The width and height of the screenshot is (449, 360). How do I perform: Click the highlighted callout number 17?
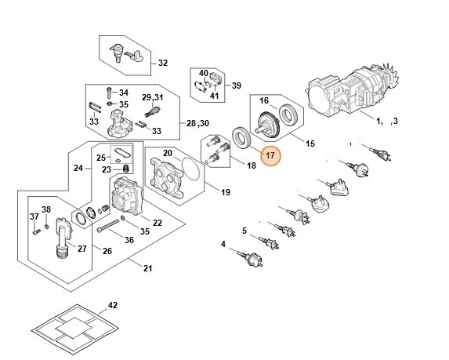click(x=270, y=156)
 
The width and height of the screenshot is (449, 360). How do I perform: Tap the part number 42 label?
click(x=112, y=304)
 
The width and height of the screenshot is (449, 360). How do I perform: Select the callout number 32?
click(x=163, y=63)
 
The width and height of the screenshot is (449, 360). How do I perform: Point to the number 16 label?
click(x=264, y=100)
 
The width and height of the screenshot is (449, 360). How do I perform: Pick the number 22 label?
click(x=158, y=223)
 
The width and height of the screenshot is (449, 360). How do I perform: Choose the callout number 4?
click(x=223, y=245)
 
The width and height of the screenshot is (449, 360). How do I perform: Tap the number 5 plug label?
click(x=244, y=230)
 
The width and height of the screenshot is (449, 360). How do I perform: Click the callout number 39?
click(x=235, y=85)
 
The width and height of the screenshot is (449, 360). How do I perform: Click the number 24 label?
click(x=78, y=169)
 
